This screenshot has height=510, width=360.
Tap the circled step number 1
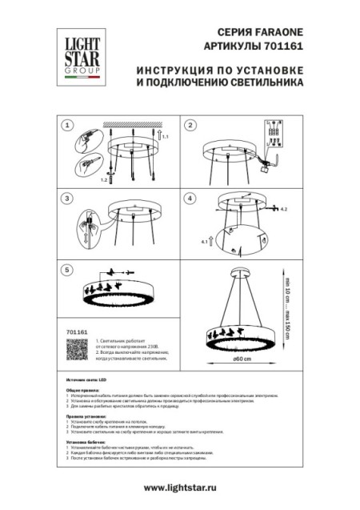(68, 126)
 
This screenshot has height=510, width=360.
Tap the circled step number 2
(190, 126)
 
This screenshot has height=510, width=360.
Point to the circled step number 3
(68, 197)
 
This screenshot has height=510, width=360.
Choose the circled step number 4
(190, 197)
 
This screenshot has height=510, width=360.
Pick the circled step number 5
(68, 269)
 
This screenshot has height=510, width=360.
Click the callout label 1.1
(166, 139)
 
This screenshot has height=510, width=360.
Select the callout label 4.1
(205, 239)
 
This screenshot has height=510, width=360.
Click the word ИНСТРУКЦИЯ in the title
(178, 70)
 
